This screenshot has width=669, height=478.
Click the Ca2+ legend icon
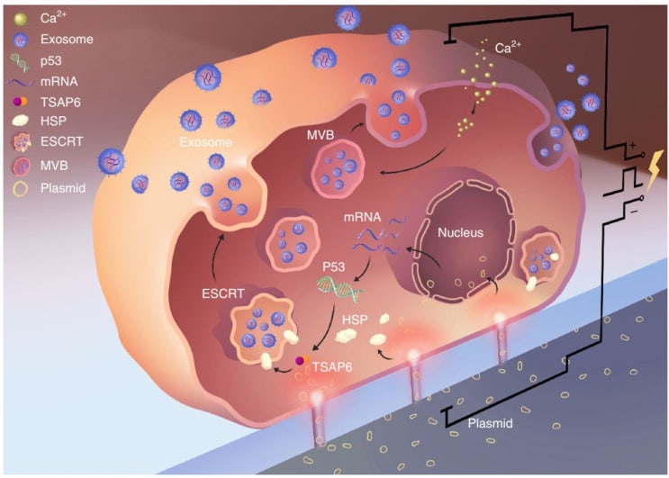(20, 19)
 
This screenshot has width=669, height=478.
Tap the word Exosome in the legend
(67, 40)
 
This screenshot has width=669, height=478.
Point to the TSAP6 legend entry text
(60, 103)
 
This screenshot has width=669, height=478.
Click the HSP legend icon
(20, 121)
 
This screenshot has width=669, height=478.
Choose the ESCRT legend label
(62, 141)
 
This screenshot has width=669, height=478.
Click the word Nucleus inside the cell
(461, 233)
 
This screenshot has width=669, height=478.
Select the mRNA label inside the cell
(362, 217)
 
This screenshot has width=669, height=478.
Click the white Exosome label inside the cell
(206, 142)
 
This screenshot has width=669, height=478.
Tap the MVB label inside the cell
(321, 135)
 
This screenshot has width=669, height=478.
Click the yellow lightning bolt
(655, 170)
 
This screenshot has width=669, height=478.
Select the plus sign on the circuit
(632, 146)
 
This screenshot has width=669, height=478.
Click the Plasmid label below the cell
(490, 424)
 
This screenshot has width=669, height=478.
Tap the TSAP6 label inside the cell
(332, 366)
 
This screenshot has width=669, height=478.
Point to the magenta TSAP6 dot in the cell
(301, 361)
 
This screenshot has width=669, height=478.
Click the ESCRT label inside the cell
(223, 293)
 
